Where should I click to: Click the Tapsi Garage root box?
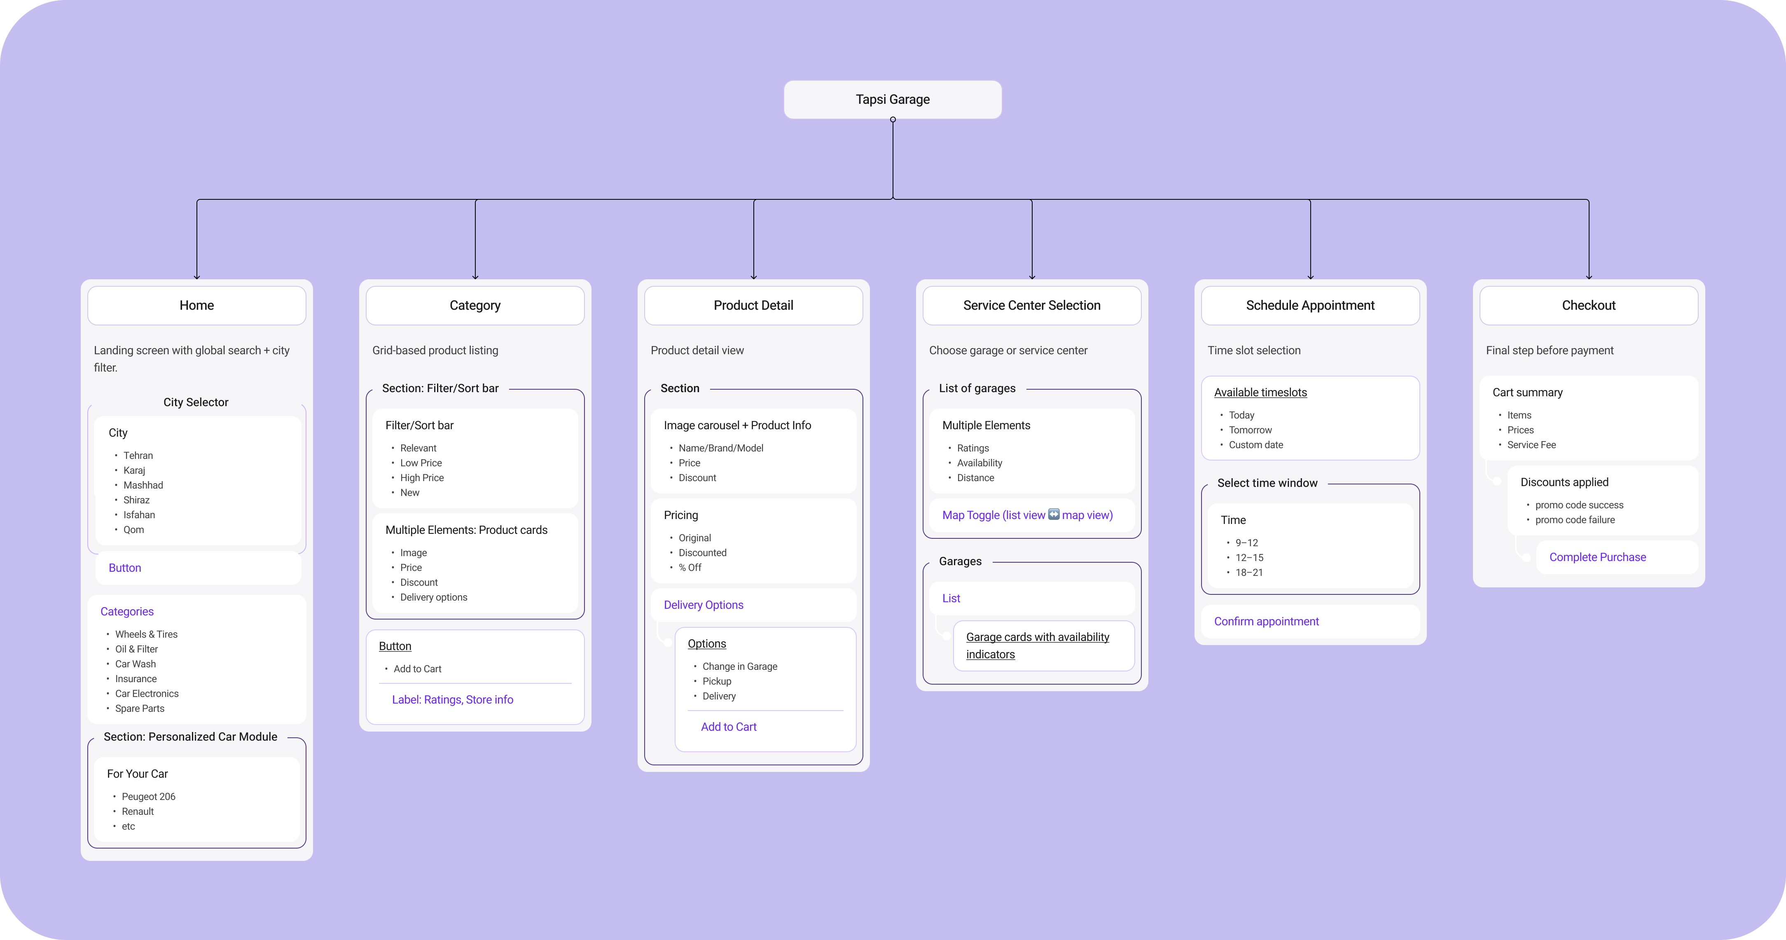point(892,99)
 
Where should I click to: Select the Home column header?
point(197,305)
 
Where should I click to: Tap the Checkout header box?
point(1588,305)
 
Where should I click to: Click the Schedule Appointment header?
point(1310,305)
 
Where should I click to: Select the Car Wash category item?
point(135,664)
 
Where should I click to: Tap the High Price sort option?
point(421,478)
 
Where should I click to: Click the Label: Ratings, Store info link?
point(453,699)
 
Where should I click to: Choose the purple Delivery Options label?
point(703,604)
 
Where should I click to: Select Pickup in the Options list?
point(717,681)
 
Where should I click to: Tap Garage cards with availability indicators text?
point(1037,645)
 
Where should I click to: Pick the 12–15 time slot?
point(1249,557)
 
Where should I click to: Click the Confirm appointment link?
point(1266,621)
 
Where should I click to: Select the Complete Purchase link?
point(1597,557)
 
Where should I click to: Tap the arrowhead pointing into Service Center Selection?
point(1032,276)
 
